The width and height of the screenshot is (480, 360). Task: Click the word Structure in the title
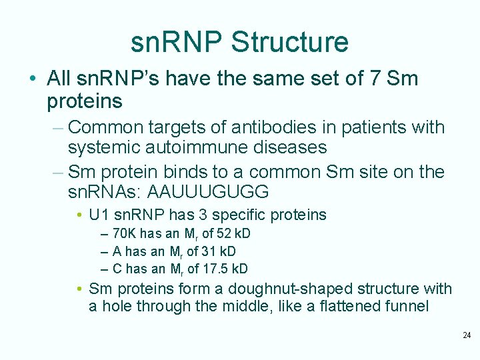tap(289, 42)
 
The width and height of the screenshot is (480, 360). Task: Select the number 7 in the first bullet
tap(374, 79)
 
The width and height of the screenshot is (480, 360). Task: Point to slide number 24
tap(466, 335)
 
